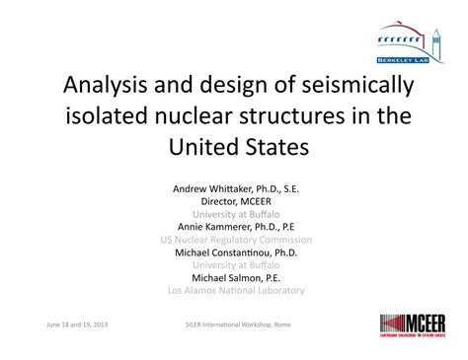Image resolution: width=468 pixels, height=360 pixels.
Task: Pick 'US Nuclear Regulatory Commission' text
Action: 234,239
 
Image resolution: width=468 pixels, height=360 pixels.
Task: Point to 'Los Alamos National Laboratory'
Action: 234,291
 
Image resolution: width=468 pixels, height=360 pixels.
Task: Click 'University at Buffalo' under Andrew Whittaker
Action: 234,211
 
